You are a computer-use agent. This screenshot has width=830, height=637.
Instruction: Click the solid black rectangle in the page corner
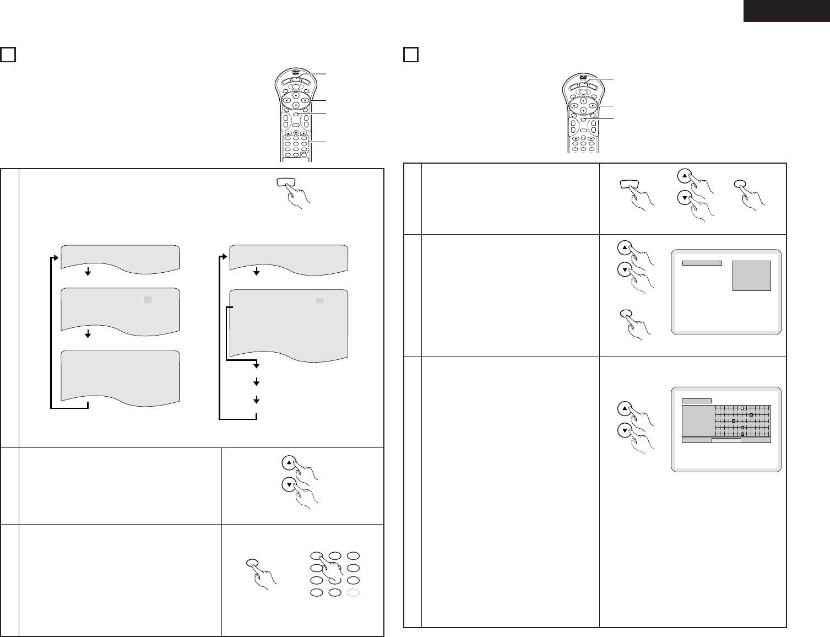click(x=786, y=10)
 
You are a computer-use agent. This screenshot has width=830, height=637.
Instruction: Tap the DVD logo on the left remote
click(x=295, y=72)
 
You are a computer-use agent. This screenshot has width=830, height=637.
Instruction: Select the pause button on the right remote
click(x=583, y=138)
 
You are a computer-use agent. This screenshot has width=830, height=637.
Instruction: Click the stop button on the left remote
click(x=288, y=133)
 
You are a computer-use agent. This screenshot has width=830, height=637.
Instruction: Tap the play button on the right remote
click(x=591, y=138)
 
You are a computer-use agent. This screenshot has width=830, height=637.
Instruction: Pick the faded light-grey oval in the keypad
click(x=354, y=593)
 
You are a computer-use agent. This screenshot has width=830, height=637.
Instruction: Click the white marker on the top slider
click(x=742, y=408)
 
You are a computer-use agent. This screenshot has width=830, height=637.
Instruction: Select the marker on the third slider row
click(x=734, y=421)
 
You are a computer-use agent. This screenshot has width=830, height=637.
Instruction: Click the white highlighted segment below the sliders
click(x=726, y=440)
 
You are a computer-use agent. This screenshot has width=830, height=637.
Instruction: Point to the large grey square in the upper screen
click(x=751, y=276)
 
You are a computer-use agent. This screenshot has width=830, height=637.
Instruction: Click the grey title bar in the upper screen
click(x=702, y=263)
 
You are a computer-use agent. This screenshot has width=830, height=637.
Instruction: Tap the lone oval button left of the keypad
click(x=252, y=563)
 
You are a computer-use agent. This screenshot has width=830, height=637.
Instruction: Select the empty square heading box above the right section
click(x=411, y=55)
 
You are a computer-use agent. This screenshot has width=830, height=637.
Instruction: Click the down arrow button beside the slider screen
click(x=624, y=430)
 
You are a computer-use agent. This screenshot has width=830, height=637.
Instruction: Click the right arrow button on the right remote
click(x=593, y=105)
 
